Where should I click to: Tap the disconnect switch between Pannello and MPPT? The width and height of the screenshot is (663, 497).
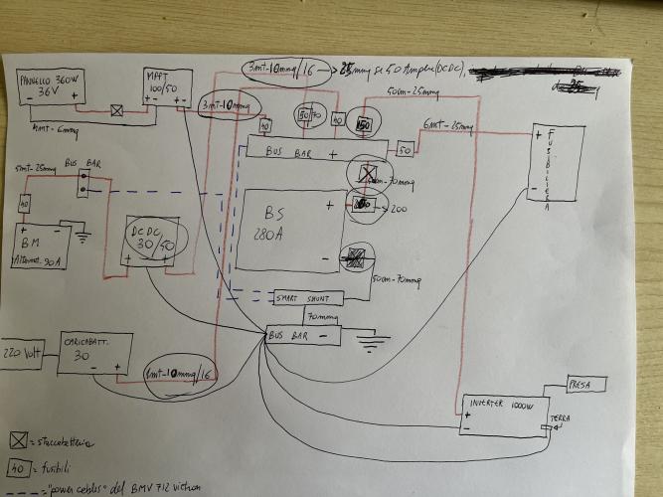coord(117,111)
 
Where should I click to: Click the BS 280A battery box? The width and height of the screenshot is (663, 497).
coord(289,228)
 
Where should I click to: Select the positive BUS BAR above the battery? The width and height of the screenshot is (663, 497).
coord(314,152)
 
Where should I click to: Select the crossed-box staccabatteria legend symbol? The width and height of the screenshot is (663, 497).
coord(17,439)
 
